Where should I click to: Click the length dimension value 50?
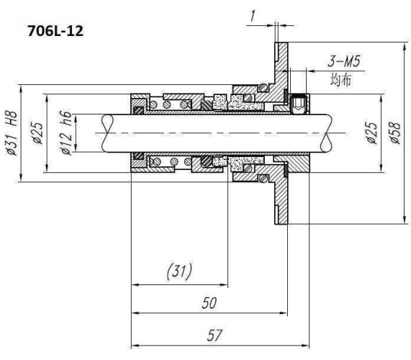click(x=208, y=304)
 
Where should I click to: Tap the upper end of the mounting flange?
click(x=281, y=58)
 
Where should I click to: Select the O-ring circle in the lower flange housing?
click(x=264, y=176)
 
